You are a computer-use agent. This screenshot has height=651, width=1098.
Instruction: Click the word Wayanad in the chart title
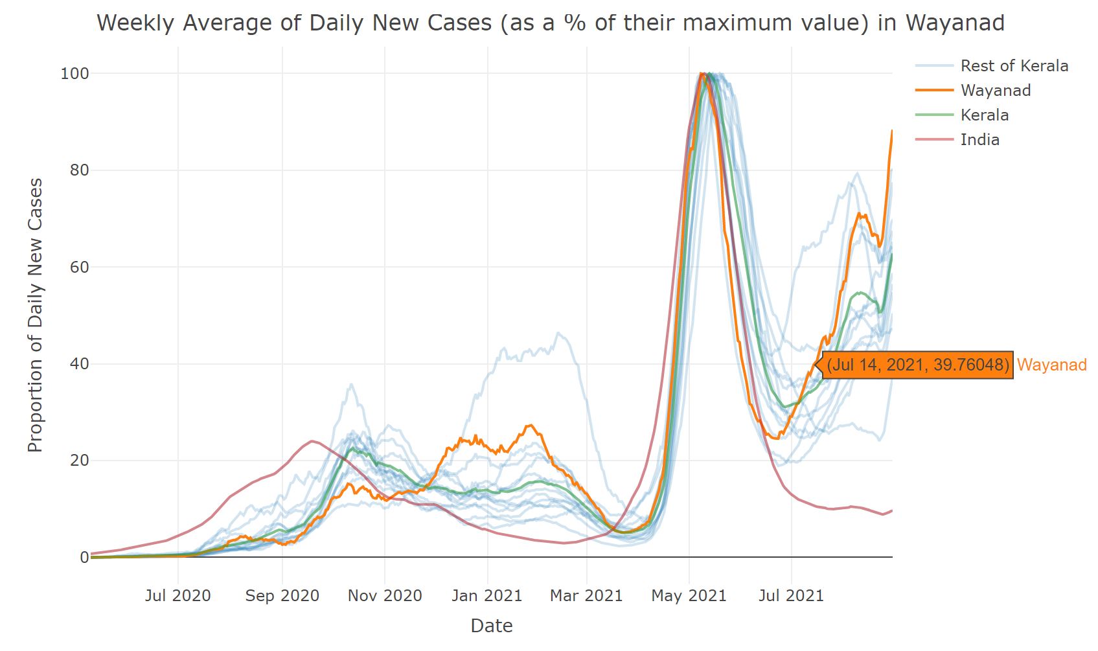coord(955,23)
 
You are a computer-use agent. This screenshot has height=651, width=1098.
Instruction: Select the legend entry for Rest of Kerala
coord(1014,66)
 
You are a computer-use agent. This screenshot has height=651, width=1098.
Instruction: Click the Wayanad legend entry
coord(995,91)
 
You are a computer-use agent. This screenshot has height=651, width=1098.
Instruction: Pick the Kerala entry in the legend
coord(984,115)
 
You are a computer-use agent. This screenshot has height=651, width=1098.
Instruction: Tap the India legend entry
coord(979,140)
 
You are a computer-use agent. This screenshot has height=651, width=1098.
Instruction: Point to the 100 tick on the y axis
coord(74,74)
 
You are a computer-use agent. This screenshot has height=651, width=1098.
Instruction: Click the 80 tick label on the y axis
coord(79,170)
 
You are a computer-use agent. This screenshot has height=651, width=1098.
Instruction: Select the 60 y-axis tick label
coord(79,267)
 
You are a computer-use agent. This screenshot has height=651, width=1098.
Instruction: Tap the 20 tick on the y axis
coord(79,461)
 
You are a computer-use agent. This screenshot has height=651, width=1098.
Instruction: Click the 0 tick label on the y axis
coord(84,557)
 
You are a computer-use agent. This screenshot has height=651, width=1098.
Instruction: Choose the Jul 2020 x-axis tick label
coord(177,596)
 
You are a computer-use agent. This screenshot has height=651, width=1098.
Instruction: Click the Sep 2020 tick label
coord(282,596)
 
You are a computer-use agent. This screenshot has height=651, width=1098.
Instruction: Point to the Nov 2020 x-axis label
coord(385,596)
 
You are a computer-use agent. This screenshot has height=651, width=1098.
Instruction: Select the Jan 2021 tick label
coord(486,596)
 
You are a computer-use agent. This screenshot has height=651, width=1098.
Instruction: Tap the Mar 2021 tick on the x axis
coord(586,596)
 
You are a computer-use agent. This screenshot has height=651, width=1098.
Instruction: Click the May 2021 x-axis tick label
coord(689,596)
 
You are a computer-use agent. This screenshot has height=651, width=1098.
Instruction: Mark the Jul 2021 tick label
coord(791,596)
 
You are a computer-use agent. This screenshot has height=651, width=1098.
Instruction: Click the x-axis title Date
coord(492,626)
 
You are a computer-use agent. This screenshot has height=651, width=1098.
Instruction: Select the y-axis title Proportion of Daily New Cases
coord(35,315)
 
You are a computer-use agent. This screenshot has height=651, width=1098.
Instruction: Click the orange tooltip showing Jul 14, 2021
coord(918,365)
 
